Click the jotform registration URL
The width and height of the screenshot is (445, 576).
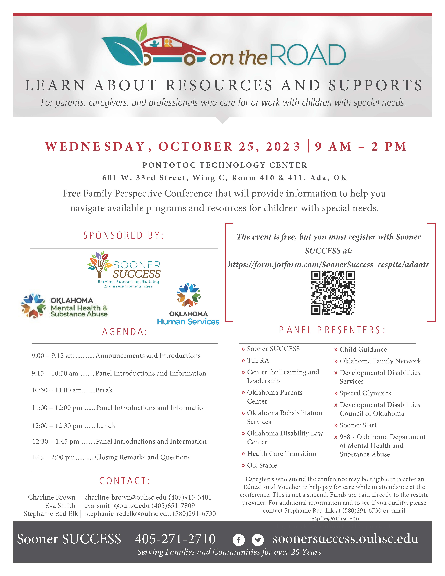point(328,265)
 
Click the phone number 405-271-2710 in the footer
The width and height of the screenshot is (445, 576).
point(175,539)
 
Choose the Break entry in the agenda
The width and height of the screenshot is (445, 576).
point(104,390)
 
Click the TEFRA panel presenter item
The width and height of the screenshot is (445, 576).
point(258,361)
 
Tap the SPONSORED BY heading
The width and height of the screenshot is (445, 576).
point(124,235)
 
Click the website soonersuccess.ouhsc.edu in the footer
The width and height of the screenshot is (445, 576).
point(345,539)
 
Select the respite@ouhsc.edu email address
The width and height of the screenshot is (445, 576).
point(334,518)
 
